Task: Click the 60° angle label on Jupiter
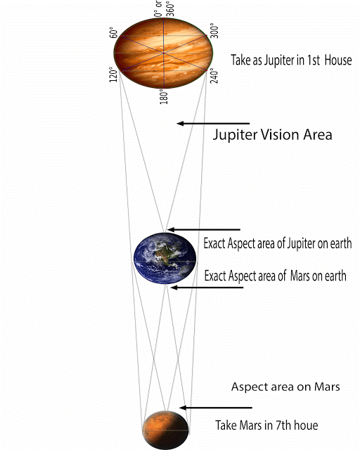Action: coord(114,33)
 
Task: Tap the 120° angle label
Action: coord(114,75)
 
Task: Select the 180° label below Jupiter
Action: coord(164,96)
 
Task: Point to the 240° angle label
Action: coord(214,76)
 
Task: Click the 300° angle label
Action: coord(214,31)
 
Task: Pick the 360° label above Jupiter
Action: coord(170,9)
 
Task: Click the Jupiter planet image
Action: coord(164,53)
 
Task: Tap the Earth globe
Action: coord(165,258)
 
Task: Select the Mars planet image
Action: coord(166,430)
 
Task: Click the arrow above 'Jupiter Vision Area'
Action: coord(213,124)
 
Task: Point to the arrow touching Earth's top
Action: coord(203,229)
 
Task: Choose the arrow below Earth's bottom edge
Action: coord(207,288)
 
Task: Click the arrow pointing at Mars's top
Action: coord(216,408)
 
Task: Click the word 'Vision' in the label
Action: coord(280,134)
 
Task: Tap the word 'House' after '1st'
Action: coord(338,60)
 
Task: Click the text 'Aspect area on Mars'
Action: coord(285,387)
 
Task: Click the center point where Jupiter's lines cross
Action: coord(164,53)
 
